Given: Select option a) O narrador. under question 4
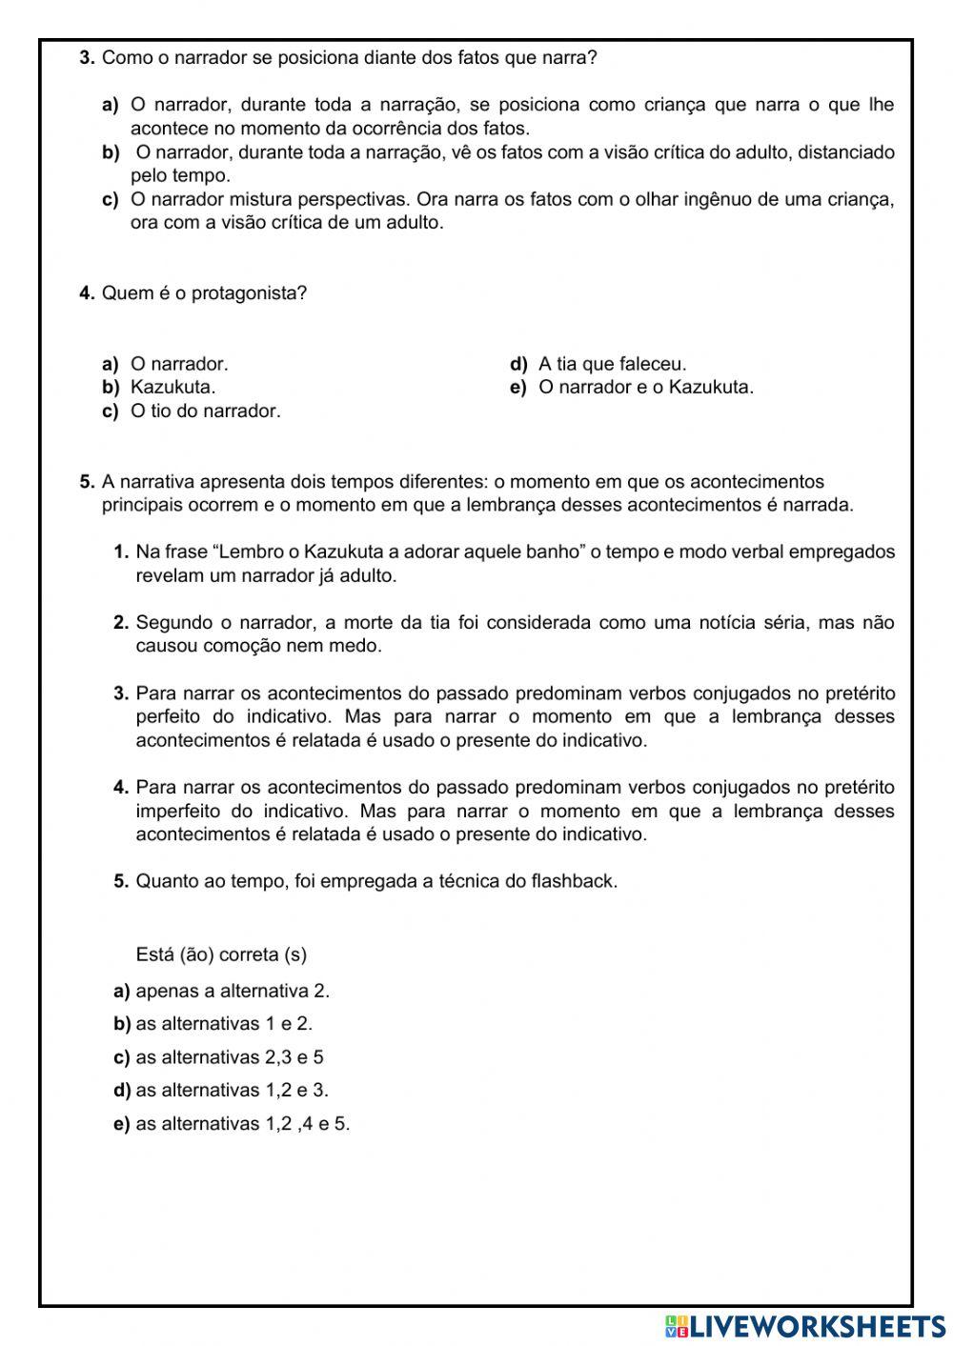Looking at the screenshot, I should coord(179,364).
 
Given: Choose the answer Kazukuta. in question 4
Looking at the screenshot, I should coord(172,388).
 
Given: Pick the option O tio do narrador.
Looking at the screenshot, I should coord(205,412).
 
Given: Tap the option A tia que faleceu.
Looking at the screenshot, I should coord(612,364).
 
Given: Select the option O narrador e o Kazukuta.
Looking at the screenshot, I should coord(645,388).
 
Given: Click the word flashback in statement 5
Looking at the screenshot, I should coord(574,881).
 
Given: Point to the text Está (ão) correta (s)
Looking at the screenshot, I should coord(221,954).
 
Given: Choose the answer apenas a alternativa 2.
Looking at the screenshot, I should coord(233,991).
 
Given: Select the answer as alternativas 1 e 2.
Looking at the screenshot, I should coord(224,1024).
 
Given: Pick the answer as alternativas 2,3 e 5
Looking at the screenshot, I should coord(230,1057).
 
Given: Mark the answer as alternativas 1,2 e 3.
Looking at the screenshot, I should coord(232,1090).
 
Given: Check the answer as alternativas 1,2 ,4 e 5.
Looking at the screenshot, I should coord(243,1124).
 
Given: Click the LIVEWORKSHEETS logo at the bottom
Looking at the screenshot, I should coord(805,1326).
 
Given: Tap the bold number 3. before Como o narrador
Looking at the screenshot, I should coord(87,58).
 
